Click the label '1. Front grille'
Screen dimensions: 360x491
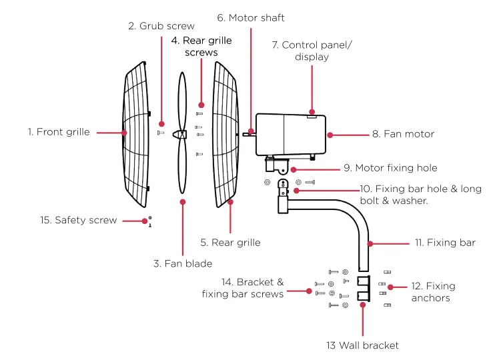pyautogui.click(x=59, y=132)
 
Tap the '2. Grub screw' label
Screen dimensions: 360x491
pyautogui.click(x=161, y=26)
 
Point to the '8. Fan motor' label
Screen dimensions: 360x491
pyautogui.click(x=403, y=134)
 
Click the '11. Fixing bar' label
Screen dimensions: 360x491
pyautogui.click(x=444, y=243)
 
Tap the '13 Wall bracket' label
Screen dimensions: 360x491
pyautogui.click(x=362, y=345)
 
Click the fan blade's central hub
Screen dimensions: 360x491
pyautogui.click(x=181, y=134)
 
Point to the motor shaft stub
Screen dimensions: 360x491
pyautogui.click(x=248, y=133)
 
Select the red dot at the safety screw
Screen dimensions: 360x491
pyautogui.click(x=143, y=220)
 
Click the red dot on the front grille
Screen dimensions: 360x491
pyautogui.click(x=125, y=133)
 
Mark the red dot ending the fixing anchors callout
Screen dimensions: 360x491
pyautogui.click(x=390, y=287)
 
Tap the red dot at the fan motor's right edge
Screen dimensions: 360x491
pyautogui.click(x=329, y=134)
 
